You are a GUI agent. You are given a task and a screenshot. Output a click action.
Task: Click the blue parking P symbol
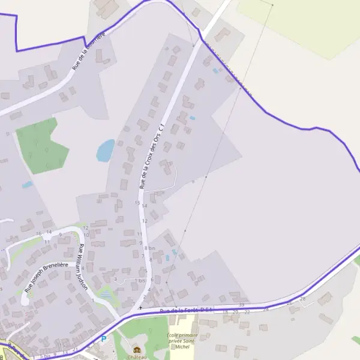click(103, 339)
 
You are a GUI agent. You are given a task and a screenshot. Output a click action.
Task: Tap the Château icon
click(137, 350)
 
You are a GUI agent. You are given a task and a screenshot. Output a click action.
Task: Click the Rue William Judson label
click(83, 267)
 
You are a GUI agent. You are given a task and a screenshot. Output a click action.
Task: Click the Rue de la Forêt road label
click(187, 310)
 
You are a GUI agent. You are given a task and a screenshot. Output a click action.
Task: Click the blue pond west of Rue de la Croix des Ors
click(105, 151)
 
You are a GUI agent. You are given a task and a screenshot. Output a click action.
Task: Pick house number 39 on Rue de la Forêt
click(241, 305)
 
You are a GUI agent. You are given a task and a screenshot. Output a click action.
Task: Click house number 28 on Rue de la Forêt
click(302, 298)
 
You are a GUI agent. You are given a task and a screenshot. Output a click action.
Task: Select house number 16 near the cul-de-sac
click(39, 233)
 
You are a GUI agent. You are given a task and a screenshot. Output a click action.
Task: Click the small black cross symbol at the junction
click(140, 308)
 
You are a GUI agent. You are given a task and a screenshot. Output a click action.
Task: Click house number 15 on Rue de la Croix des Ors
click(137, 203)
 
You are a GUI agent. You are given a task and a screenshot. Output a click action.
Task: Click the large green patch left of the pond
click(40, 145)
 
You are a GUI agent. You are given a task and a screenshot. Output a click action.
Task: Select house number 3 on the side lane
click(115, 279)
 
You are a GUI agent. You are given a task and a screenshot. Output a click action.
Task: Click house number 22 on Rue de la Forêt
click(247, 312)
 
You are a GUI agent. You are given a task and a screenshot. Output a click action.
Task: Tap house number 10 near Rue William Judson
click(86, 235)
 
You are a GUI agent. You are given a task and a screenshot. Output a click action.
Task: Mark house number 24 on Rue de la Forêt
click(266, 310)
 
